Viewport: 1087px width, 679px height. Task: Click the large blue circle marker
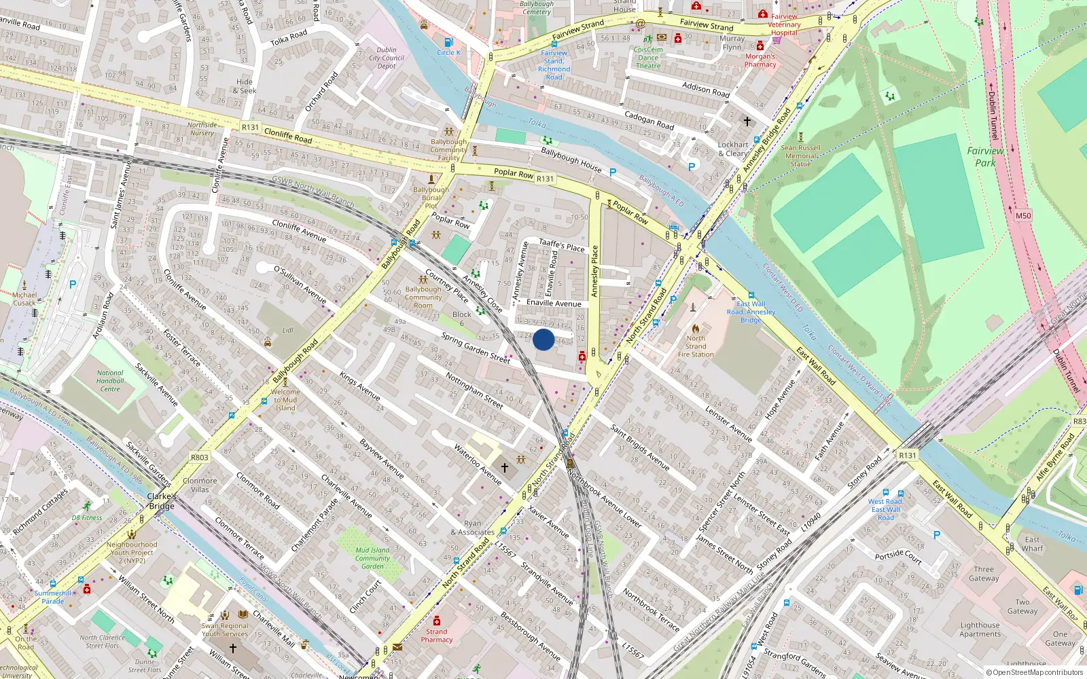coord(543,339)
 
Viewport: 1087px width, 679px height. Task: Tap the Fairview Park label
coord(985,157)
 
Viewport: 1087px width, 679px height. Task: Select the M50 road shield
coord(1023,216)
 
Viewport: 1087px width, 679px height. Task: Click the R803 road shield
coord(199,457)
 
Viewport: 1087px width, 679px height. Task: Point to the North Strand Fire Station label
coord(696,346)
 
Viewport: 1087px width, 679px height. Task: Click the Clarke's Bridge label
coord(162,501)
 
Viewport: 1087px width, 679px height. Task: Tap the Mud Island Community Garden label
coord(372,558)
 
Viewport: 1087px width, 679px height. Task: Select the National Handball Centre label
coord(110,381)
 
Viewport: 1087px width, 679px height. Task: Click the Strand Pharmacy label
coord(436,636)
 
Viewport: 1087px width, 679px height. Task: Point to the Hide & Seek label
coord(245,86)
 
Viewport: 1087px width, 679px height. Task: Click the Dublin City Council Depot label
coord(387,58)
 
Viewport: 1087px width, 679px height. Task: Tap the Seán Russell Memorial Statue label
coord(800,155)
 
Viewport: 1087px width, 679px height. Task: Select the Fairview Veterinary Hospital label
coord(784,24)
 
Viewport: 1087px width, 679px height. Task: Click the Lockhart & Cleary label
coord(733,149)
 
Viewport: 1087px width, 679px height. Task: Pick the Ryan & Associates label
coord(472,528)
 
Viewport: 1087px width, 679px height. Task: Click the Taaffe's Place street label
coord(561,245)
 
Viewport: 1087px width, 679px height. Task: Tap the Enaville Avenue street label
coord(554,303)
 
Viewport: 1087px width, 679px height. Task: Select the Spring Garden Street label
coord(476,348)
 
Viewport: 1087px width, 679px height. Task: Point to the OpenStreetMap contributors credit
coord(1035,672)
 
